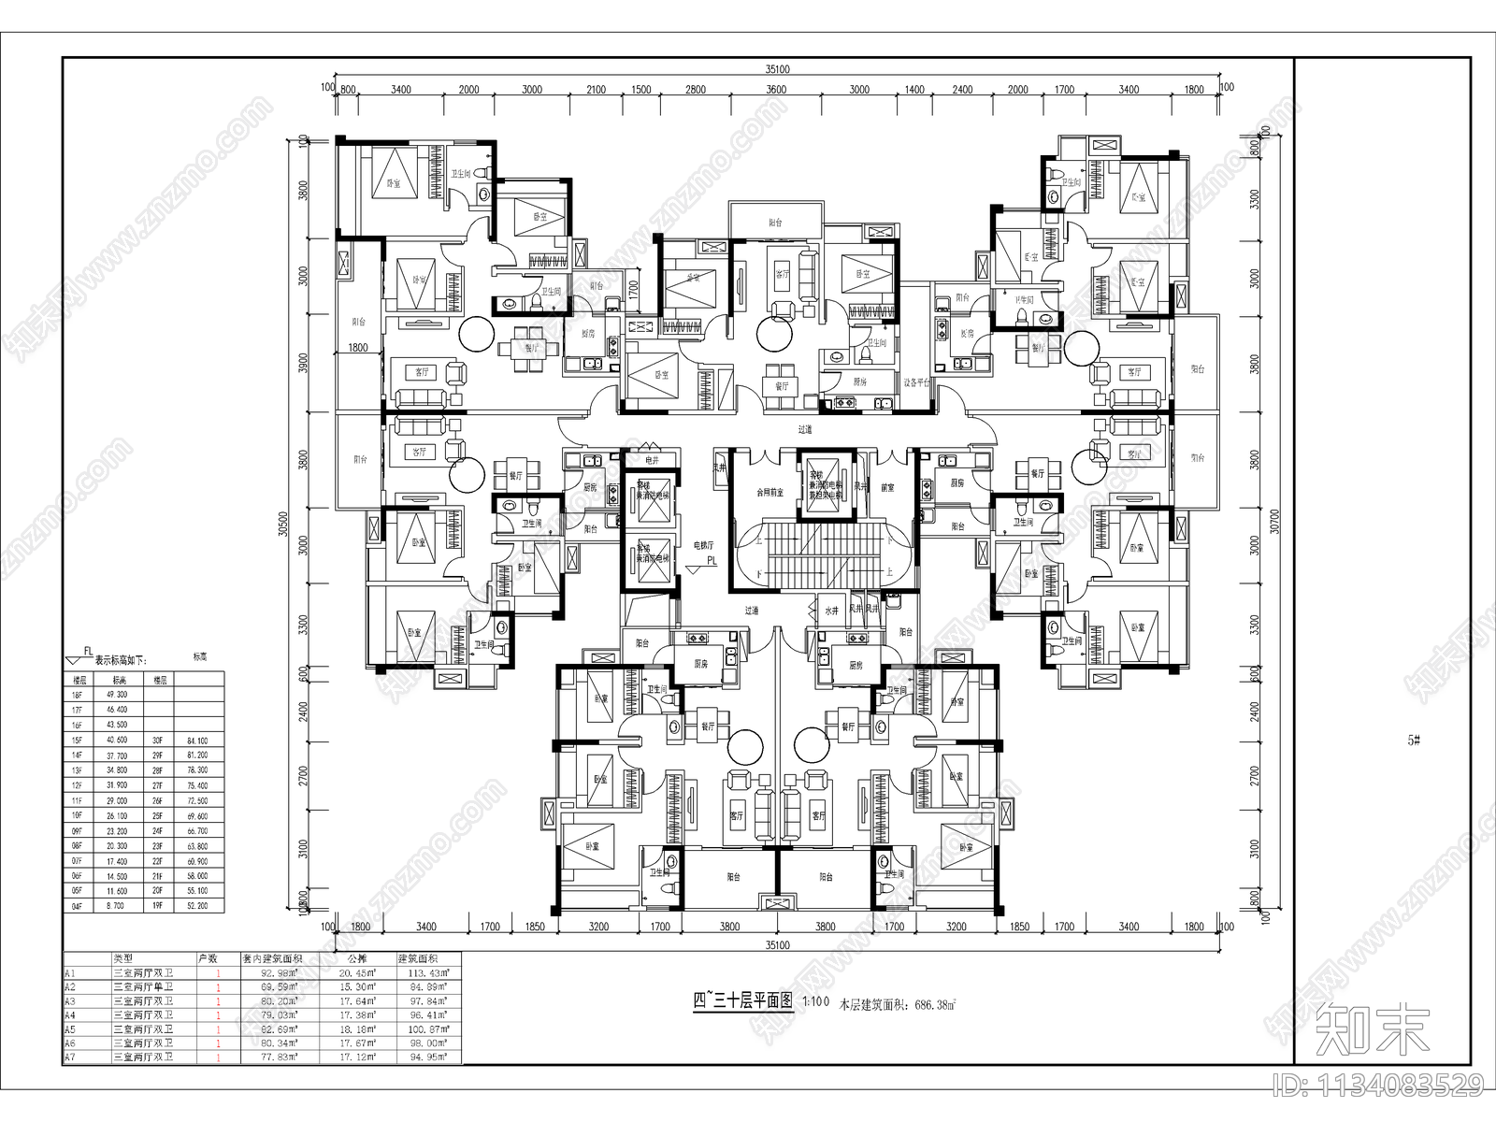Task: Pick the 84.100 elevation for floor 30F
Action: (x=197, y=741)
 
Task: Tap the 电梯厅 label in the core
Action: (x=703, y=544)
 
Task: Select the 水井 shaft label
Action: (x=831, y=609)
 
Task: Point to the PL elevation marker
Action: (x=712, y=562)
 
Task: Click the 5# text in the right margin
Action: (x=1414, y=740)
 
